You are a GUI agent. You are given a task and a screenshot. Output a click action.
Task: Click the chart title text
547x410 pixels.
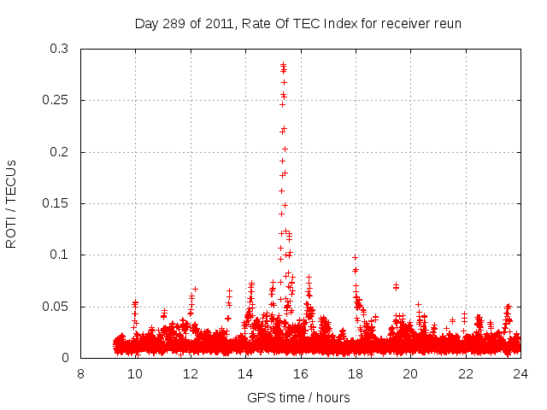[298, 23]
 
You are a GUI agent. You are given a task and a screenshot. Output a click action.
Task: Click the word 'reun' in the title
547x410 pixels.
[447, 23]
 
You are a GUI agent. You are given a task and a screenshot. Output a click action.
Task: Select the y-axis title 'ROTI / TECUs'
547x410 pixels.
[12, 203]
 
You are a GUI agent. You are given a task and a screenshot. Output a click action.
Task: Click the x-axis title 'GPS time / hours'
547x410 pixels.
[298, 397]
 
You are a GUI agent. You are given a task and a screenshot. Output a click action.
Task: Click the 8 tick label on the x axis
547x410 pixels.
[80, 373]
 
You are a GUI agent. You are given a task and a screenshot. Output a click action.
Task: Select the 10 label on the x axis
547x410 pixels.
[135, 373]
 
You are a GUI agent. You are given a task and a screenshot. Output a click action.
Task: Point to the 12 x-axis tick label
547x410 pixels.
[191, 373]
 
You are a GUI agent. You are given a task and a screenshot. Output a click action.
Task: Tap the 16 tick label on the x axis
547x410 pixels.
[300, 373]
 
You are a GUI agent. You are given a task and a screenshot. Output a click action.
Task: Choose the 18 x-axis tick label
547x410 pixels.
[356, 373]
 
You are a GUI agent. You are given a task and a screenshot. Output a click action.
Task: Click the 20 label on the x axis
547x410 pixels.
[410, 373]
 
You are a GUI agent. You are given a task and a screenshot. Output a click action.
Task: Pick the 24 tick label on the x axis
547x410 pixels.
[521, 373]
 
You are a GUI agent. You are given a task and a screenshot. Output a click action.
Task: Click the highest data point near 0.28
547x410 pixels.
[283, 65]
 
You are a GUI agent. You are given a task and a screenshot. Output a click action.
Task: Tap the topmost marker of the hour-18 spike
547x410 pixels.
[355, 257]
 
